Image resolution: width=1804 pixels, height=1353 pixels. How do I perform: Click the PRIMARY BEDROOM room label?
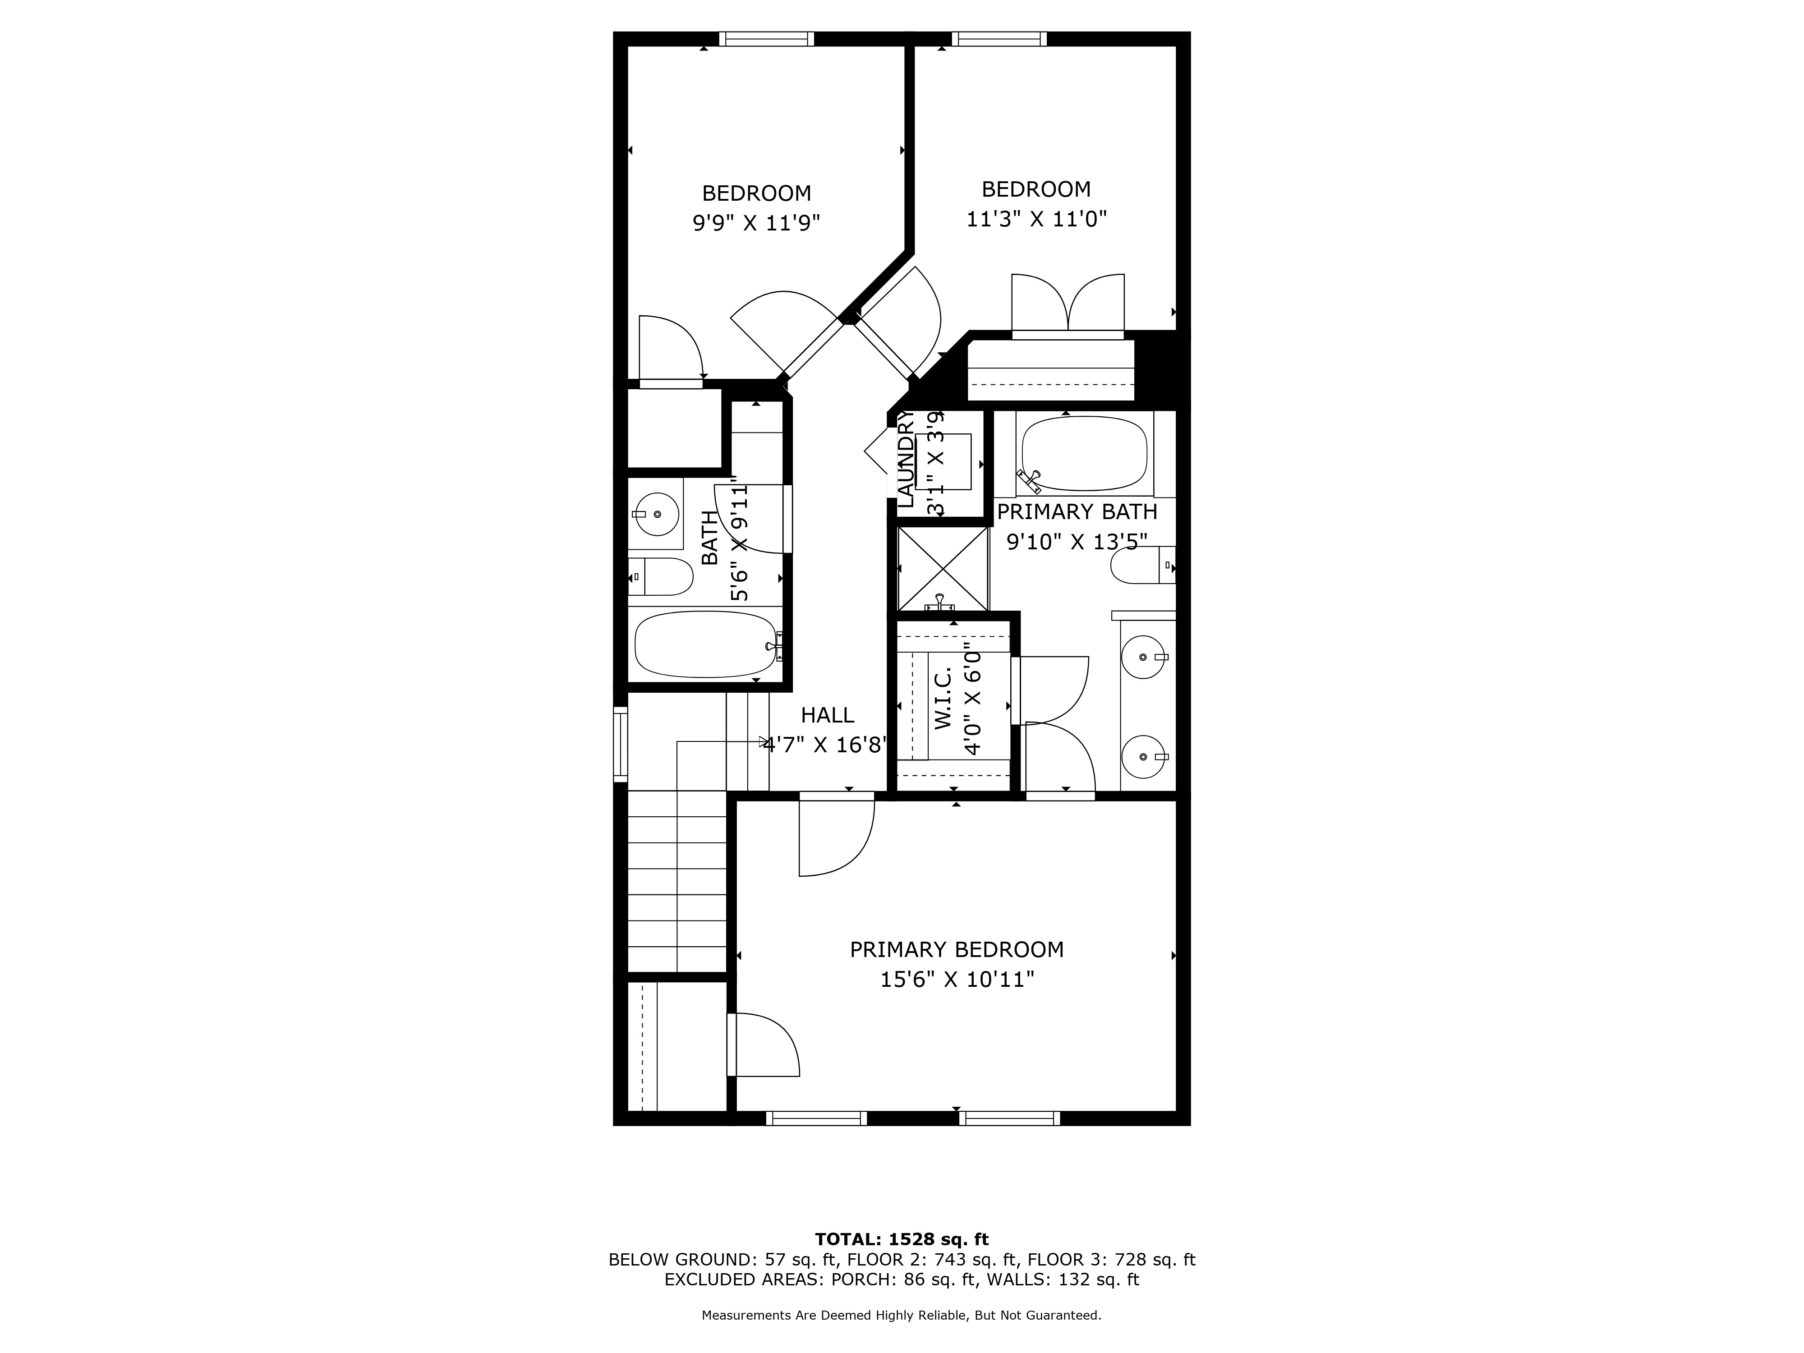957,949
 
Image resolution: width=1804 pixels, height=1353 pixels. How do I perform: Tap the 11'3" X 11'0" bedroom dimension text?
1036,219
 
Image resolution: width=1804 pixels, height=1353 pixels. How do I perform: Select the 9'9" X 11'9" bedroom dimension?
756,223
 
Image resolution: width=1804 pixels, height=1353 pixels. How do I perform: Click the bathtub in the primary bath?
1084,453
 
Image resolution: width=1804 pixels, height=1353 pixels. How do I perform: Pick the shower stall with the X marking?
943,568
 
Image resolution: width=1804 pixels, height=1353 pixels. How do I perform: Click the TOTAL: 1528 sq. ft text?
901,1240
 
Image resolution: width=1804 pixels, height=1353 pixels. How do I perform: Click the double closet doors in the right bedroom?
1068,306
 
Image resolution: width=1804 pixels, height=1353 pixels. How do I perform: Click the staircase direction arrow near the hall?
764,741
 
